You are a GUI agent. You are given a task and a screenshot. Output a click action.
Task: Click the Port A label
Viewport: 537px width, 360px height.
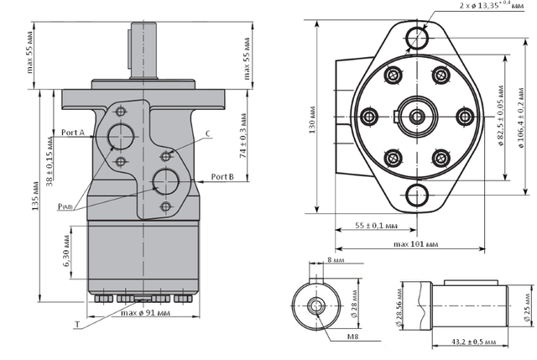[x=73, y=133]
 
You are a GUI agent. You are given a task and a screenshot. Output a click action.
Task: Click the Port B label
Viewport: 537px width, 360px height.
[x=222, y=176]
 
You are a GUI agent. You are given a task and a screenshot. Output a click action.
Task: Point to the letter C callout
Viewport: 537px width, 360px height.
[x=208, y=133]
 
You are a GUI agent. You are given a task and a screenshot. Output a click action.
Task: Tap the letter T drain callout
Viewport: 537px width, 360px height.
[x=77, y=325]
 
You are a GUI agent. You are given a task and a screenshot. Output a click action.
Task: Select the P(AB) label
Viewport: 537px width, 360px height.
[x=65, y=206]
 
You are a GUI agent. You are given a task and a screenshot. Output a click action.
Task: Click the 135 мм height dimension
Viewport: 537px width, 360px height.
[x=35, y=196]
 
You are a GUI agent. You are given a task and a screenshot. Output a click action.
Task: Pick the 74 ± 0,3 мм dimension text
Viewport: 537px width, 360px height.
[x=242, y=135]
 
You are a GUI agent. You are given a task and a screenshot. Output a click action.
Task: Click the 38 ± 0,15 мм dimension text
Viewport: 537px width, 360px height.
[x=50, y=161]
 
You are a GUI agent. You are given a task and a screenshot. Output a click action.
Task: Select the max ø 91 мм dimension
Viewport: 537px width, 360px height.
[x=145, y=313]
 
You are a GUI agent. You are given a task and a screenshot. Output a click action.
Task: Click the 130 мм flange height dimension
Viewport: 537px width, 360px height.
[x=312, y=120]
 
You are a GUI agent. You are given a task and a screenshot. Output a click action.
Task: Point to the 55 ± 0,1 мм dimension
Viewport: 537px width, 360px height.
[x=376, y=226]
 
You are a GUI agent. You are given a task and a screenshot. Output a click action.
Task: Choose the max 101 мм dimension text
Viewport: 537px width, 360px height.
[x=415, y=244]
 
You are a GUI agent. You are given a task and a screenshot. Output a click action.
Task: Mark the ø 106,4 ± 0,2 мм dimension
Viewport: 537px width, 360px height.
[x=521, y=117]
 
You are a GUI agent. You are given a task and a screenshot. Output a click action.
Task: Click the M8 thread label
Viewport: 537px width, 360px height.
[x=352, y=337]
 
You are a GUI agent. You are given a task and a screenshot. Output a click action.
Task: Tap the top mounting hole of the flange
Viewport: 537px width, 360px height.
[x=417, y=38]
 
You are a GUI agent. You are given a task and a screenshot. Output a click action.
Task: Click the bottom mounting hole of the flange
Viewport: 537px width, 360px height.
[x=417, y=196]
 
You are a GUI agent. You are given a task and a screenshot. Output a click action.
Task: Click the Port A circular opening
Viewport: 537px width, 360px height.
[x=120, y=137]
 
